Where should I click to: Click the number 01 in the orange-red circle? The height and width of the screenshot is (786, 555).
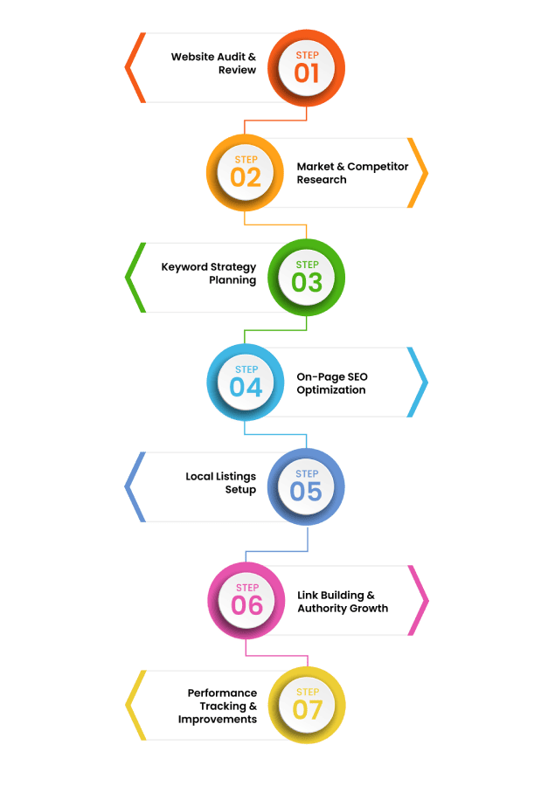[x=307, y=72]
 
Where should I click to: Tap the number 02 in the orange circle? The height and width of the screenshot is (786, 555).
[x=246, y=177]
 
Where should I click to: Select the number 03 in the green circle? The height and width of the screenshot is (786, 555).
[x=307, y=282]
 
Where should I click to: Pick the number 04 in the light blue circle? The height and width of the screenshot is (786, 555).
[x=246, y=387]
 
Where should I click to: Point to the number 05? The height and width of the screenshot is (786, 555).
[x=306, y=492]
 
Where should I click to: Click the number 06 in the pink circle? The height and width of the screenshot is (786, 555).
[x=246, y=605]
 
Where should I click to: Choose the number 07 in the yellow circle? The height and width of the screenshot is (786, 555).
[x=307, y=710]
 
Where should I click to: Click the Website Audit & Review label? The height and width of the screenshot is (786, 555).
[x=213, y=63]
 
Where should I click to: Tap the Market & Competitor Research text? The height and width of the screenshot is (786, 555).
[x=352, y=173]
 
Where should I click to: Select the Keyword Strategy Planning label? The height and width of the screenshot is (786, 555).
[x=209, y=273]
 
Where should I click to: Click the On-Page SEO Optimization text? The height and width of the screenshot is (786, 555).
[x=332, y=383]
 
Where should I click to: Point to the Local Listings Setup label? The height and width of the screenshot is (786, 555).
[x=221, y=483]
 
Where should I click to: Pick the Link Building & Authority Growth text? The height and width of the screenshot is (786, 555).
[x=343, y=601]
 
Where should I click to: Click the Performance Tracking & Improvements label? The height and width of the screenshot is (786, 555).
[x=218, y=706]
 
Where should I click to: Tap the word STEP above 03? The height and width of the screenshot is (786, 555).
[x=307, y=265]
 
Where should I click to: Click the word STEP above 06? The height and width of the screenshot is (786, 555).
[x=247, y=588]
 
